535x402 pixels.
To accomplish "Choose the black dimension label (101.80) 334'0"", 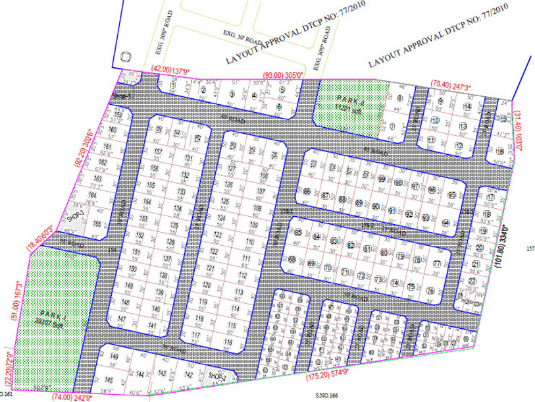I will click(x=500, y=258).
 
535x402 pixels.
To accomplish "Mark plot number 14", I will click(x=467, y=107).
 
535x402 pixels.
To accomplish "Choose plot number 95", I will click(x=451, y=196).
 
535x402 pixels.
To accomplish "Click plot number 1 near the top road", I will click(x=172, y=86).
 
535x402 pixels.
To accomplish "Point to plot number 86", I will click(x=307, y=192).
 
